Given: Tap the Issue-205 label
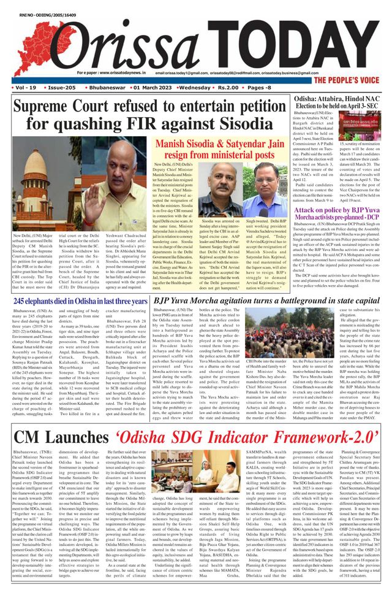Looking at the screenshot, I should coord(62,88).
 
